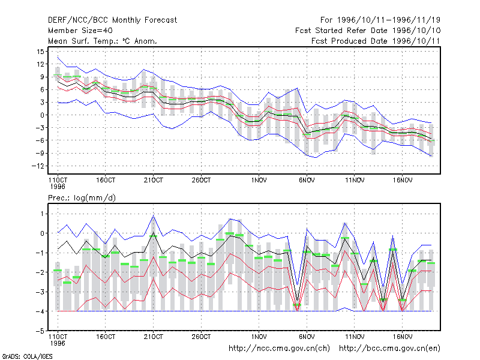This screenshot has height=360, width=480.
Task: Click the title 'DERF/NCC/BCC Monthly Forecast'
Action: click(112, 20)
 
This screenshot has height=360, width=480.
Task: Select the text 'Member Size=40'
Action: click(80, 31)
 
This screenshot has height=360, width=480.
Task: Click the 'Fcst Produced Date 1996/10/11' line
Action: click(376, 41)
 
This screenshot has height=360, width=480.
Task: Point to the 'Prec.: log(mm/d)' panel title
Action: click(82, 198)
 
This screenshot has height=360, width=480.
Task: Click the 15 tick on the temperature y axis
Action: click(40, 52)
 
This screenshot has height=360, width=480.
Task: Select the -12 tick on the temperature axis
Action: click(38, 166)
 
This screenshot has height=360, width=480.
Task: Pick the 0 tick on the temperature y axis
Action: click(42, 115)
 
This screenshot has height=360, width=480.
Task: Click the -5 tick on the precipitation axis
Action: click(40, 331)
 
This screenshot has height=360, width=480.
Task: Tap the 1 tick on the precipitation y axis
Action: click(42, 214)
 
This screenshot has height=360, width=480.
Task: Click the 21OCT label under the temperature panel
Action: click(154, 180)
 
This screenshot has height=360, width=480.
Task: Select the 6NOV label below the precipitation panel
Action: click(307, 337)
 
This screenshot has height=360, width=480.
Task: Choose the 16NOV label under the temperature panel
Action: click(403, 180)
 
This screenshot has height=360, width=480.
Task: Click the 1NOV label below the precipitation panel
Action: click(259, 337)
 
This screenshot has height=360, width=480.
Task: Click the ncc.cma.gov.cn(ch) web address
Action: click(279, 349)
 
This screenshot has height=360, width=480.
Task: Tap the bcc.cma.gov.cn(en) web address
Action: click(389, 349)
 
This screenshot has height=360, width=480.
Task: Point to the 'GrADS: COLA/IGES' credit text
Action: click(27, 356)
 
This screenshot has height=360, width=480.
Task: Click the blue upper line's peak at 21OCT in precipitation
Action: click(154, 215)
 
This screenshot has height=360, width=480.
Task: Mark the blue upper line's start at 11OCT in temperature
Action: click(58, 58)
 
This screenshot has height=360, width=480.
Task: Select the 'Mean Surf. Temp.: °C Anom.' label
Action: click(103, 41)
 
